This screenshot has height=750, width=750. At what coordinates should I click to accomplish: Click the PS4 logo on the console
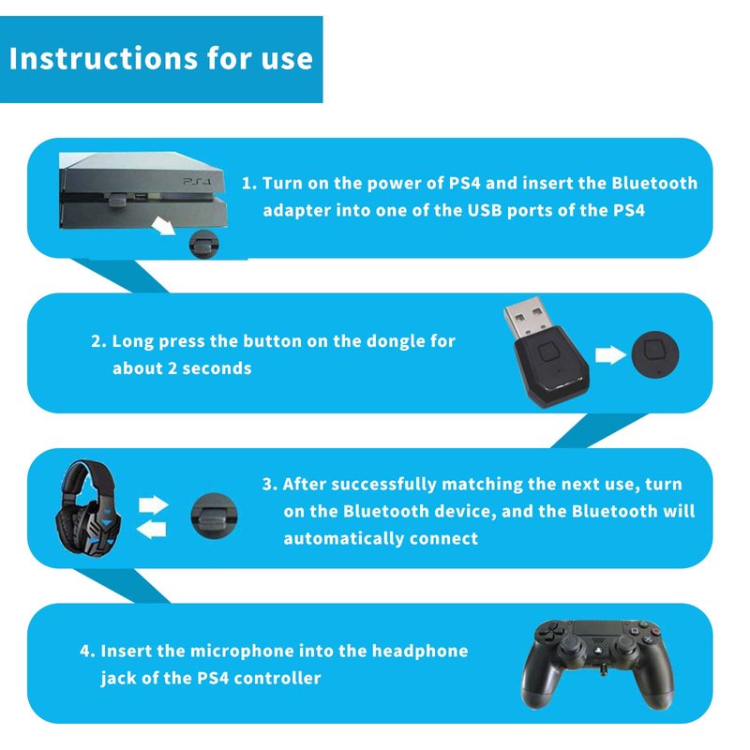click(197, 182)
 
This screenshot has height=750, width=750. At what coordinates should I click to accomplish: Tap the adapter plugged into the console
click(117, 200)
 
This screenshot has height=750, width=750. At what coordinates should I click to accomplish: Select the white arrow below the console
click(162, 226)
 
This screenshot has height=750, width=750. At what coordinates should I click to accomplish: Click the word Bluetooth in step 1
click(654, 183)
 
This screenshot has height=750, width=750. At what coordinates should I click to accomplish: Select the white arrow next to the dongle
click(611, 355)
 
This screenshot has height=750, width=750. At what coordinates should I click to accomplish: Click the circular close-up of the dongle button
click(654, 355)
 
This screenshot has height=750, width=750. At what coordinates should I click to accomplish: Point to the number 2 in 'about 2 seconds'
click(172, 368)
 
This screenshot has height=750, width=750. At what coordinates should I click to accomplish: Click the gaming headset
click(88, 508)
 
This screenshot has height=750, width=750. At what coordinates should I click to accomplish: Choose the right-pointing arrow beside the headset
click(154, 505)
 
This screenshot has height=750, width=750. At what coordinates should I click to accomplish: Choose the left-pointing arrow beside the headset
click(151, 530)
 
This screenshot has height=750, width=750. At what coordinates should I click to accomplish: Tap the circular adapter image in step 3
click(214, 516)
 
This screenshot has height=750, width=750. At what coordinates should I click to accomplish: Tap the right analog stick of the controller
click(624, 646)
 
